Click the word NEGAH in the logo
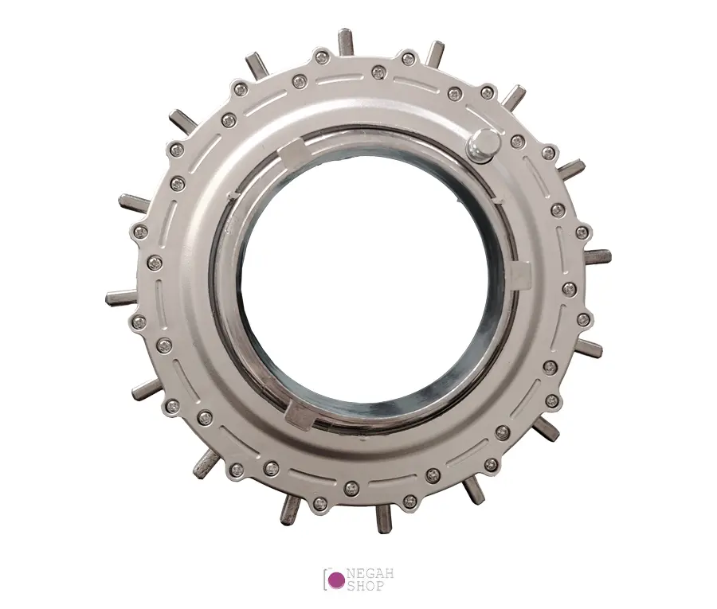click(x=370, y=574)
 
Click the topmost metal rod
click(x=345, y=41)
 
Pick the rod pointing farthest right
click(x=597, y=255)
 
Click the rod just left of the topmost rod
click(x=257, y=64)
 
